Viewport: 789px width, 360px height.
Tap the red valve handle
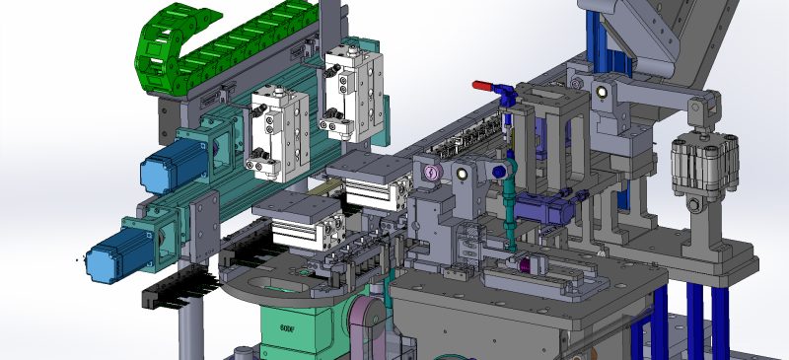click(x=482, y=86)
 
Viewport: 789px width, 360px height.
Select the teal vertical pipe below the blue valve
click(x=510, y=212)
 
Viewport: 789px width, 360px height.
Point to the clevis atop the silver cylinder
click(x=701, y=115)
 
